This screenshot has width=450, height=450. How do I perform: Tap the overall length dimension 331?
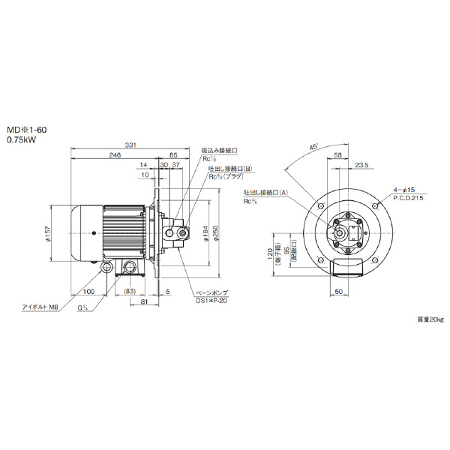click(130, 145)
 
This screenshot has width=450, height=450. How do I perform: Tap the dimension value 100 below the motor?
click(88, 292)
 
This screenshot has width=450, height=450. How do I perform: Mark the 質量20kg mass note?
click(430, 319)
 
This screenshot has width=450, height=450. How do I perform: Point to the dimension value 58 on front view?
click(337, 155)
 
